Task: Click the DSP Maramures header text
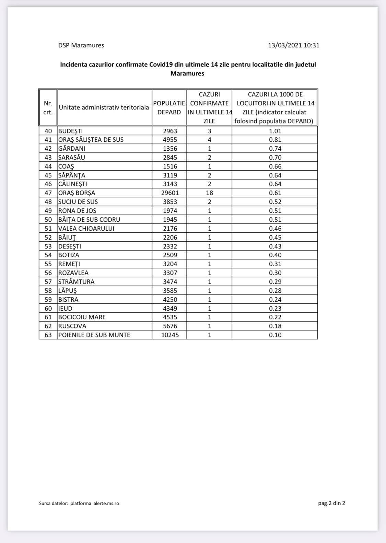[x=81, y=45]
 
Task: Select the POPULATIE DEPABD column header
[x=169, y=107]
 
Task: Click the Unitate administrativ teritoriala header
[x=104, y=107]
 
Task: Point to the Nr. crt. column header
[x=48, y=107]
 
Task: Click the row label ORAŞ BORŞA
[x=77, y=193]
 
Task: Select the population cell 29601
[x=170, y=193]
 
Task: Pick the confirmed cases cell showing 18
[x=209, y=193]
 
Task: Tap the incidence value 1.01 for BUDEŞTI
[x=275, y=131]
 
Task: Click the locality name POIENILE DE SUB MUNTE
[x=94, y=335]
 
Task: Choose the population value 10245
[x=170, y=335]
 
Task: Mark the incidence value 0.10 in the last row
[x=275, y=335]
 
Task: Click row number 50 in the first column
[x=48, y=220]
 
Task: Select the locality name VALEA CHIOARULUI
[x=86, y=229]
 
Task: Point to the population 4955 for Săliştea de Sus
[x=170, y=140]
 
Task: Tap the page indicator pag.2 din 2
[x=331, y=503]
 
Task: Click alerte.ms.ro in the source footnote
[x=106, y=504]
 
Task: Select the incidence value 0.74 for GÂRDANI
[x=275, y=149]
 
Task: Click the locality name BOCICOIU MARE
[x=82, y=317]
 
